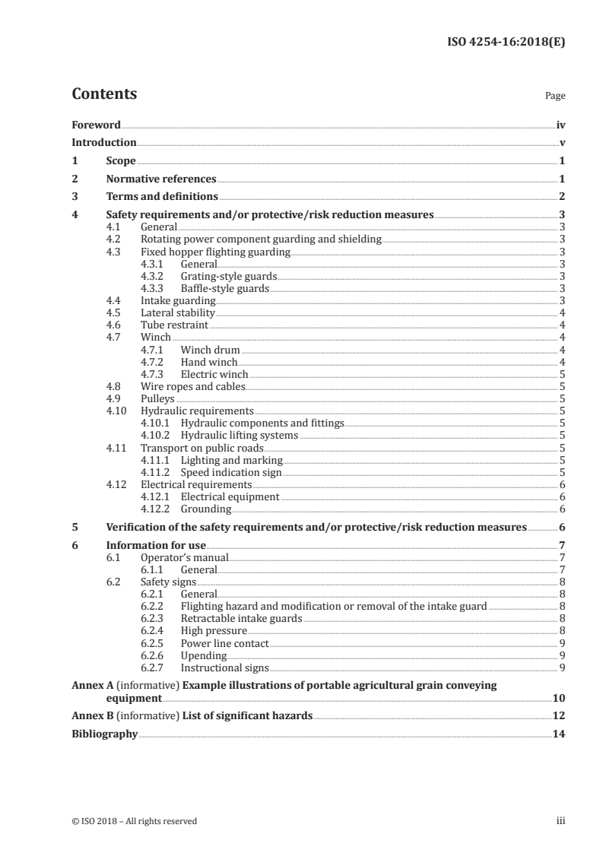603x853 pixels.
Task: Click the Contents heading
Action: (104, 94)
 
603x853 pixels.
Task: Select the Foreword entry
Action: (96, 125)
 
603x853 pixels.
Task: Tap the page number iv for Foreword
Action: (560, 125)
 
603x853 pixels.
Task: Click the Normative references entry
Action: (161, 179)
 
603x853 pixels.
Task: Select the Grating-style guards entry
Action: (228, 276)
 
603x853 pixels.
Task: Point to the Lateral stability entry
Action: (178, 312)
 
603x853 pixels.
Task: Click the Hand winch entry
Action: (209, 362)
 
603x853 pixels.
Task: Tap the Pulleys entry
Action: (157, 398)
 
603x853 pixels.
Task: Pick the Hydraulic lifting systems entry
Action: (239, 436)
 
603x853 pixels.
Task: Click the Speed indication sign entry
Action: (231, 472)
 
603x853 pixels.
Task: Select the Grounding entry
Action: (206, 509)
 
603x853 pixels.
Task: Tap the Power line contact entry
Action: (224, 643)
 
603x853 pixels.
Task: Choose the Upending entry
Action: (203, 655)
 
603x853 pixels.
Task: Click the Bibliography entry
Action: (105, 734)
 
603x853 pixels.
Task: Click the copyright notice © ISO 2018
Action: (134, 821)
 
